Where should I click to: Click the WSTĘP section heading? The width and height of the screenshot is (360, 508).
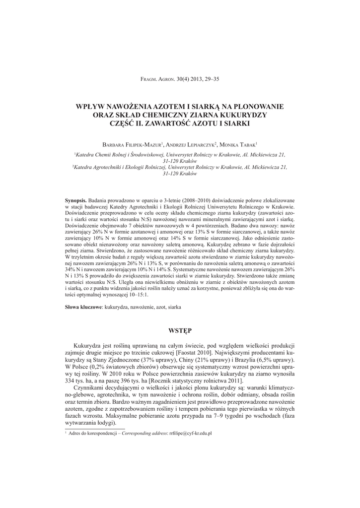coord(180,330)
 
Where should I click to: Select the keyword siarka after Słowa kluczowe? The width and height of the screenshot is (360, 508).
coord(174,308)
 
